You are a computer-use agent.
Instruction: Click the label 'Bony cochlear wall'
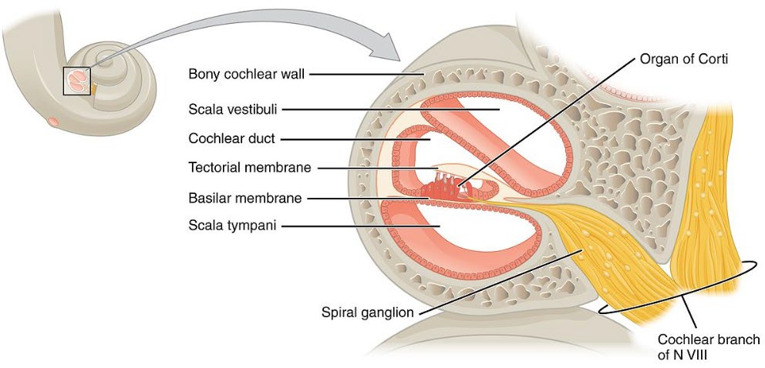point(247,75)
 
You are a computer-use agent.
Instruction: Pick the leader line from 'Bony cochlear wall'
point(362,75)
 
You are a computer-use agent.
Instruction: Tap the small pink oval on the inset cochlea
point(54,121)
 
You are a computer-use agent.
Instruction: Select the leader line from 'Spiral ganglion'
point(494,280)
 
